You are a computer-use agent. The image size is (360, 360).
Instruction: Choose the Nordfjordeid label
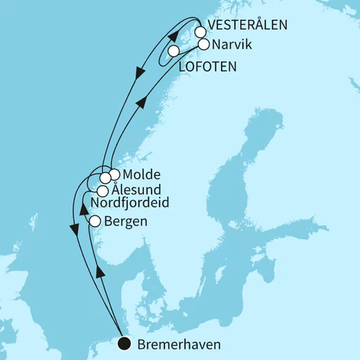(x=131, y=203)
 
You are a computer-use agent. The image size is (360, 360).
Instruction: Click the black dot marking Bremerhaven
(x=124, y=343)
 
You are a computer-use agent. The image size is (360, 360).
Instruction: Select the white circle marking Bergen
(x=96, y=222)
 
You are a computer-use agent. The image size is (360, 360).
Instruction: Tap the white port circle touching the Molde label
(x=115, y=174)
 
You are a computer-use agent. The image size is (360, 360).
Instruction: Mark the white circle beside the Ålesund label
(x=102, y=190)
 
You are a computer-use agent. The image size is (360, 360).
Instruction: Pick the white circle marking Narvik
(x=203, y=44)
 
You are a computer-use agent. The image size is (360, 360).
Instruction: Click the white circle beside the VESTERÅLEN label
(x=201, y=31)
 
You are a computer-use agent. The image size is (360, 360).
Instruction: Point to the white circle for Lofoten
(x=173, y=51)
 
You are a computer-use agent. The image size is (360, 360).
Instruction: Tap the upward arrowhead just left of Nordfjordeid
(x=82, y=208)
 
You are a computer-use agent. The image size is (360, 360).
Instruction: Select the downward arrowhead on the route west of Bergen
(x=73, y=228)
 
